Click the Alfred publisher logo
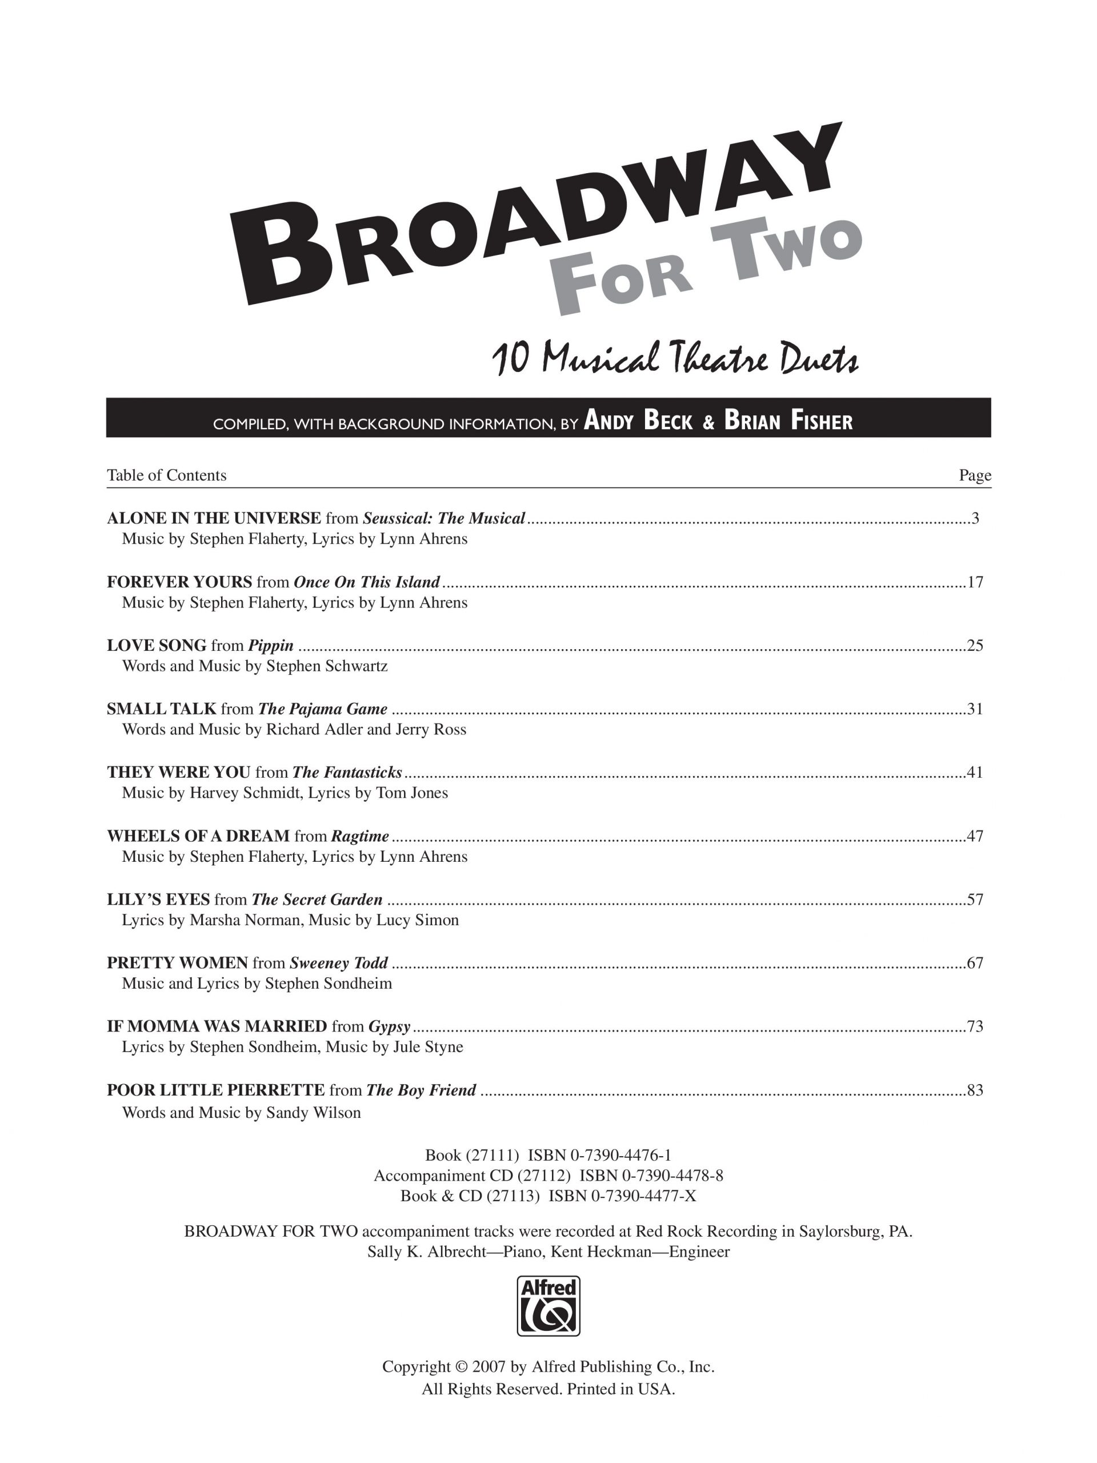(x=548, y=1306)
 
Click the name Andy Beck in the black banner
(x=638, y=421)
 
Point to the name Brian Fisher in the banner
(x=788, y=421)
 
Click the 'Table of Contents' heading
(x=167, y=475)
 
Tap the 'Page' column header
(x=975, y=475)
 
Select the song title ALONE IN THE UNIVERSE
(x=214, y=518)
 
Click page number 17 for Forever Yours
(x=975, y=582)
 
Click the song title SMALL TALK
(x=161, y=709)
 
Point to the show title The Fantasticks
(x=346, y=773)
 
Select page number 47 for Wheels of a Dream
(x=975, y=836)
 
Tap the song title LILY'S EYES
(x=158, y=900)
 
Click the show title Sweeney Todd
(x=339, y=963)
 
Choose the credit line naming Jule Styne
(x=293, y=1047)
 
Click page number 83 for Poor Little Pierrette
(x=975, y=1090)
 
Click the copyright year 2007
(x=489, y=1367)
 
